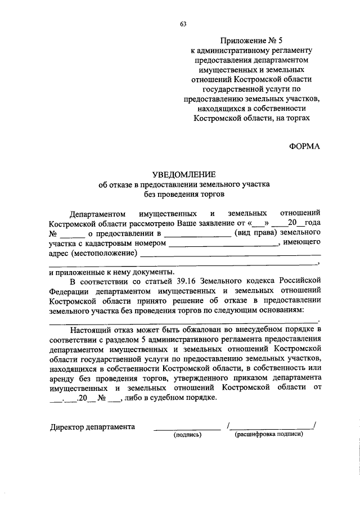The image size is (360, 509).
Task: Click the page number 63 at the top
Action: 183,24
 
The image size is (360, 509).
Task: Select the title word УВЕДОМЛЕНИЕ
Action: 183,174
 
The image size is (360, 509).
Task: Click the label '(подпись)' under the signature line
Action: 187,435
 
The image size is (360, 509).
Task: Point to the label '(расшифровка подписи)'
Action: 272,434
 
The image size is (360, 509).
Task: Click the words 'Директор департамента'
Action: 92,426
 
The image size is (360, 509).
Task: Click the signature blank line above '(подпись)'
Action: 187,429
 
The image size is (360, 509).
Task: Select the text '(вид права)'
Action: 253,233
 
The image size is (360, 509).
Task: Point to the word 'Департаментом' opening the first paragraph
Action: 95,214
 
